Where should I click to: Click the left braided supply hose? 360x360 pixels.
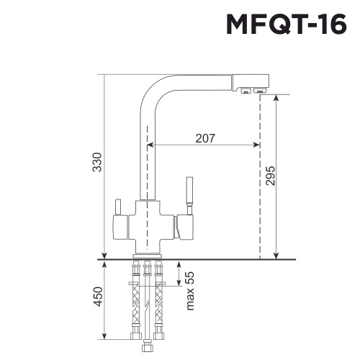point(134,302)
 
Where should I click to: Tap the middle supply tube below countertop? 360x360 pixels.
point(147,302)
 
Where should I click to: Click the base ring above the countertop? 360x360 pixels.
point(148,254)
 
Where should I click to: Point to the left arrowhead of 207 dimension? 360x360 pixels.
point(150,144)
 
